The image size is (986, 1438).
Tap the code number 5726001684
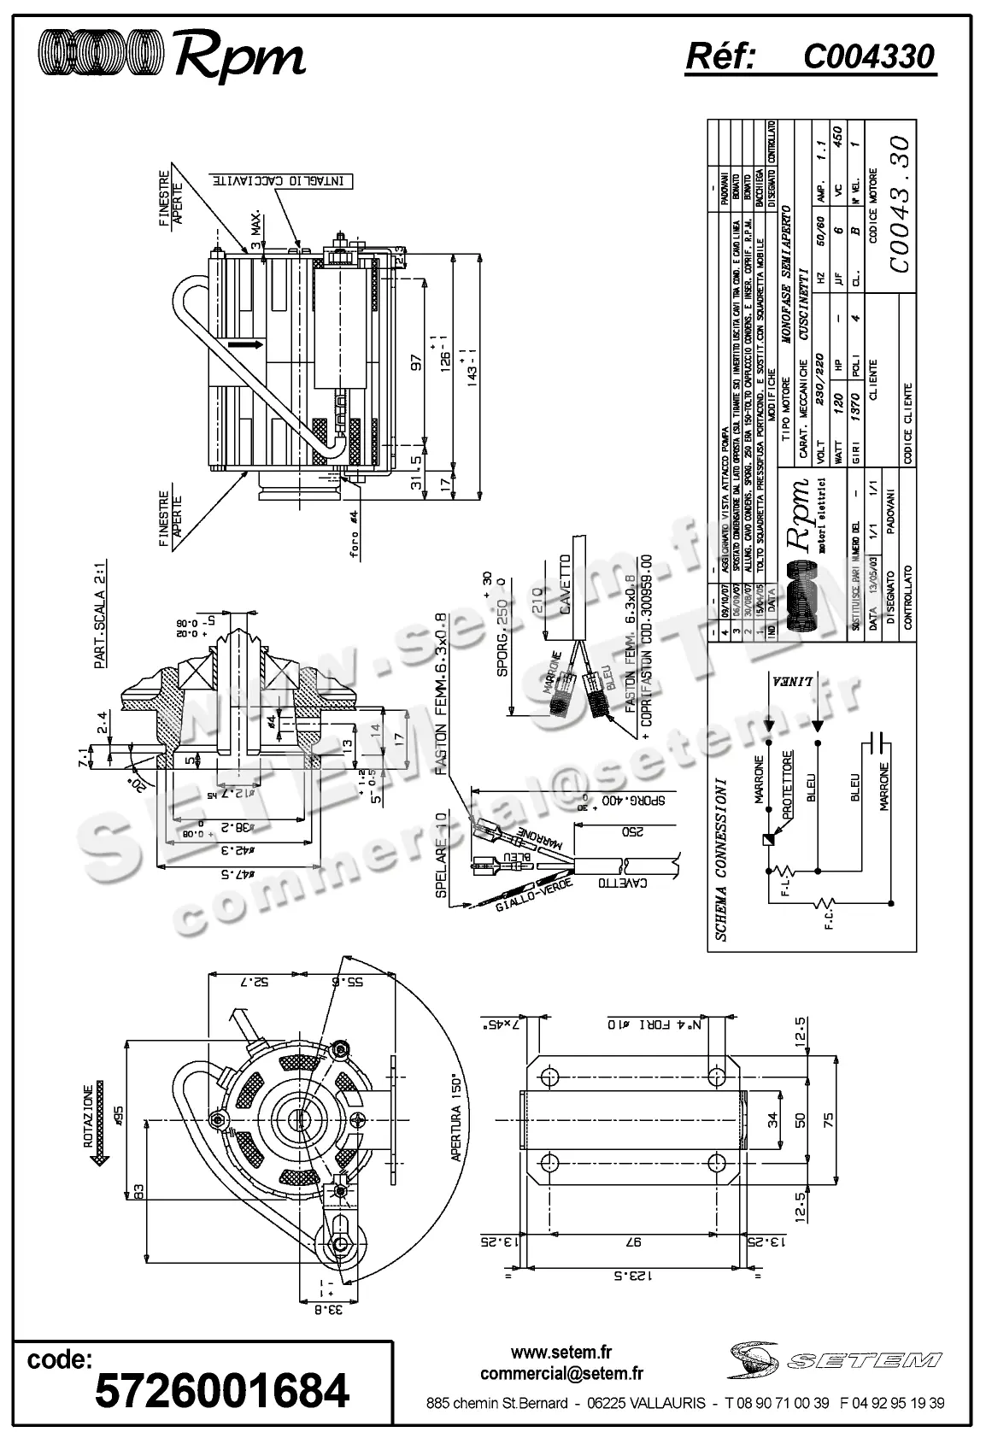[x=222, y=1390]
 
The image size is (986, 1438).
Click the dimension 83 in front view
[x=136, y=1193]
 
